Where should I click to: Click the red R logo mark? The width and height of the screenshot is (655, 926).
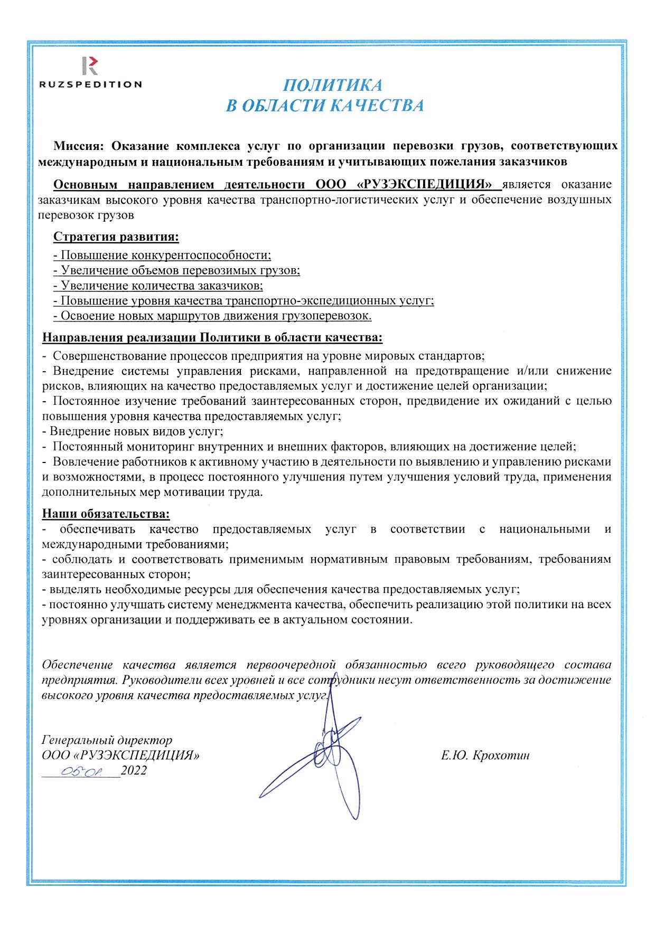90,65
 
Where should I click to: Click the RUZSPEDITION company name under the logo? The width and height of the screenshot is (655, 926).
90,84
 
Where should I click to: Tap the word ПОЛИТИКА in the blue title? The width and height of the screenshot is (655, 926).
332,86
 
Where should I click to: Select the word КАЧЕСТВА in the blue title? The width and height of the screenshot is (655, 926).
377,106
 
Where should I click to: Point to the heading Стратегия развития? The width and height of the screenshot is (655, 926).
116,237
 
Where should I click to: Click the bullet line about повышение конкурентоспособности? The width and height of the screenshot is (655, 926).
162,256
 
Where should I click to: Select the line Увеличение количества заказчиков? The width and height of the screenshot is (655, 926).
158,286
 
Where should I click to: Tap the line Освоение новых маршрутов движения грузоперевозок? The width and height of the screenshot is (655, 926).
212,316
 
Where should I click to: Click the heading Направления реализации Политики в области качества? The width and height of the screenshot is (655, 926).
212,338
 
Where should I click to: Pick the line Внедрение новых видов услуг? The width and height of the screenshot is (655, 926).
133,431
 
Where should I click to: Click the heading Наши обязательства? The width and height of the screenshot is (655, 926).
106,514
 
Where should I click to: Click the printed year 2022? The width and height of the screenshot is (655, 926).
134,771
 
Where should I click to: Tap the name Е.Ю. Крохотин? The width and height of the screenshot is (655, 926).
485,756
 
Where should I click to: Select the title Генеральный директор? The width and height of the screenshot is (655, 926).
107,741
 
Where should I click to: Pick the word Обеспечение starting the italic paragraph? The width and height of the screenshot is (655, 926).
77,665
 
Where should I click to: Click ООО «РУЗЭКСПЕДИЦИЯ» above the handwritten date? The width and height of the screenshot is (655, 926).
120,756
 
